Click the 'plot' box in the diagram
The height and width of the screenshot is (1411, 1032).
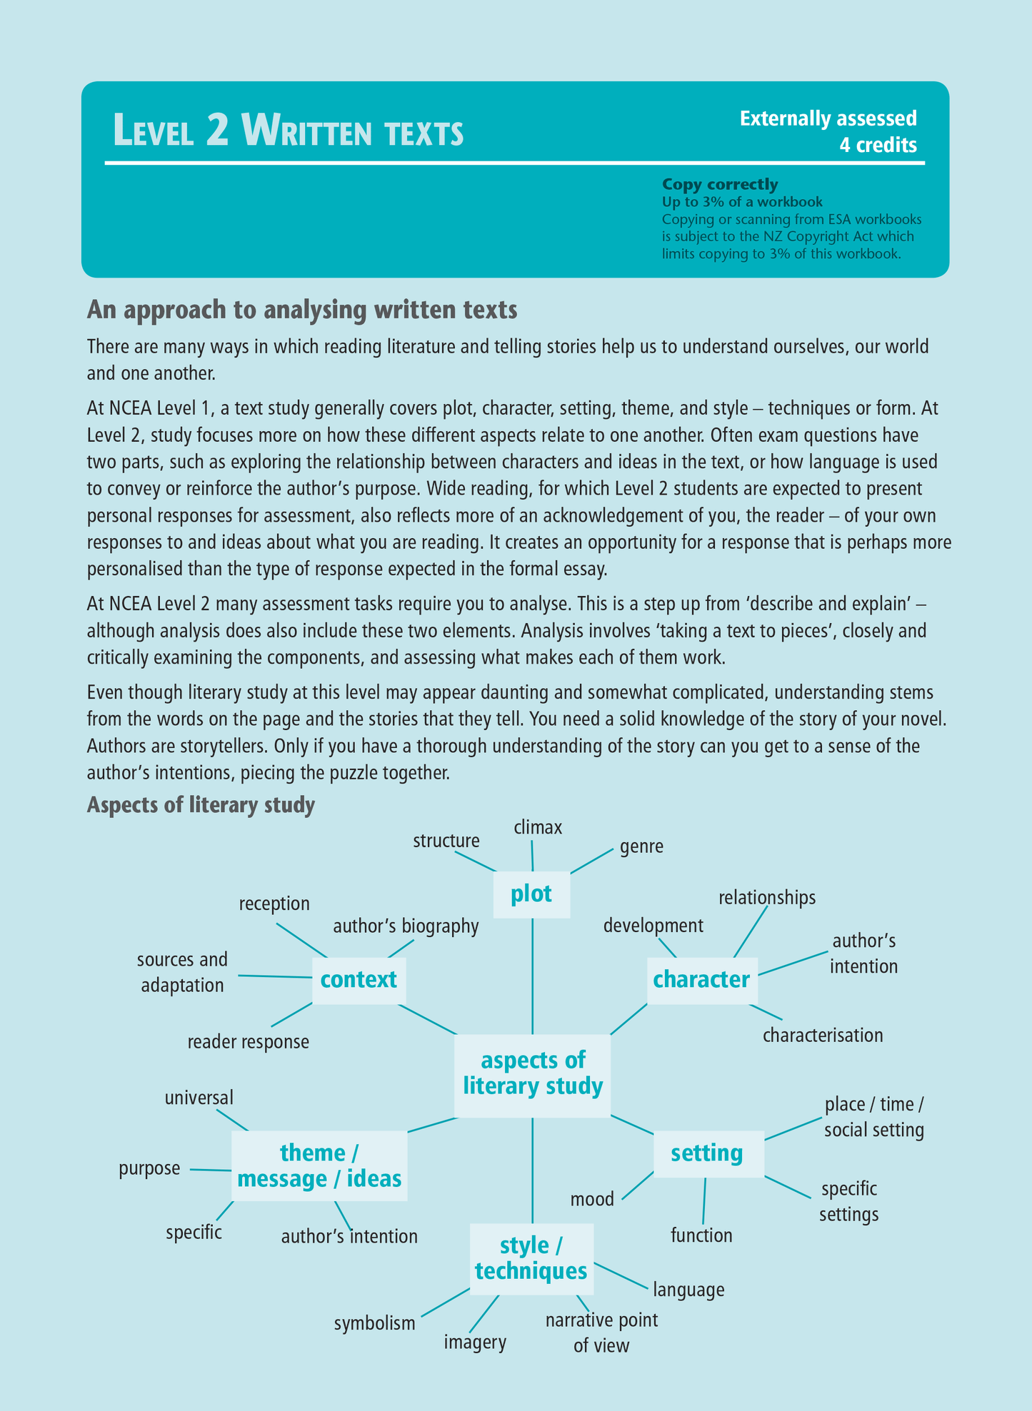click(531, 894)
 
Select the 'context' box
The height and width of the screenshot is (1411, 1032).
click(359, 979)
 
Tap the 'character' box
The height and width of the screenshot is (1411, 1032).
click(701, 979)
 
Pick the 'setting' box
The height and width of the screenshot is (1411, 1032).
click(707, 1153)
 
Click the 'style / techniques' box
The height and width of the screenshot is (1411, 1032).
click(531, 1258)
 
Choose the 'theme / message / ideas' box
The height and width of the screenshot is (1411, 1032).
click(319, 1165)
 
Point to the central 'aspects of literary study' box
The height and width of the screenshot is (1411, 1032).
click(533, 1073)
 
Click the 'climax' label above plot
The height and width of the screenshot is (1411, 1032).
click(538, 828)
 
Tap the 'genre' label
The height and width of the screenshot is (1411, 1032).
click(641, 847)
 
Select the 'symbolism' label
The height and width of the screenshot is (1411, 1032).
click(374, 1323)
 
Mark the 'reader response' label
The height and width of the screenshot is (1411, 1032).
click(249, 1042)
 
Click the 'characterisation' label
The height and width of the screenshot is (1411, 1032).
click(823, 1036)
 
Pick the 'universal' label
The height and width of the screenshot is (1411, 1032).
click(199, 1097)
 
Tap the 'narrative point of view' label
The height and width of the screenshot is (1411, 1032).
click(601, 1332)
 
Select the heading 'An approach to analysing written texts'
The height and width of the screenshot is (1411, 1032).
click(301, 311)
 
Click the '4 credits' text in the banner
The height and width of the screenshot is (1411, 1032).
click(878, 146)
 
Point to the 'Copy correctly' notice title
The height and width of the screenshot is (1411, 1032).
click(720, 184)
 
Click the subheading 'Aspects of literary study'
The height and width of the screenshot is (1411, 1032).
click(201, 805)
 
